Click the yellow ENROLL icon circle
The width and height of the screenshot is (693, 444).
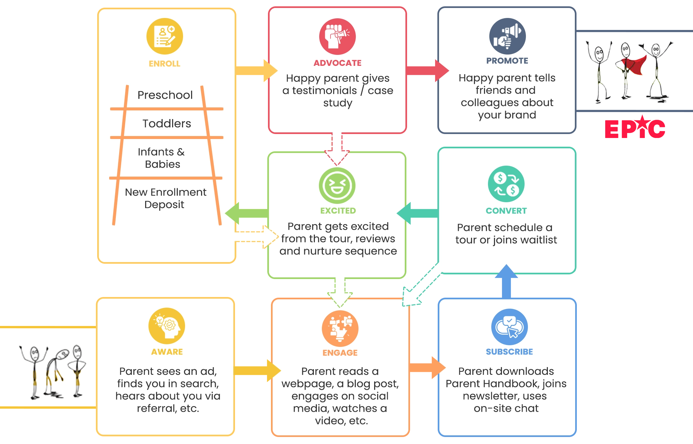(x=165, y=36)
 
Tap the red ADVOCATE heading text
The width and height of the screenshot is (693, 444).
(x=338, y=63)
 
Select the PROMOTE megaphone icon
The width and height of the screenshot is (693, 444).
(x=507, y=36)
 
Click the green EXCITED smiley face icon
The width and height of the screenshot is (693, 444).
(x=337, y=186)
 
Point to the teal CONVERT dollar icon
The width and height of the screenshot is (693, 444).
(x=506, y=184)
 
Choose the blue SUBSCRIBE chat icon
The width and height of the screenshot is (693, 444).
(x=509, y=327)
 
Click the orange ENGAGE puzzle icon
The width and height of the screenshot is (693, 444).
(x=340, y=328)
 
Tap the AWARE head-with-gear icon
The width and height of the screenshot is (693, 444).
(x=167, y=326)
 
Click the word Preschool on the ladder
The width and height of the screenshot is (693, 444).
(x=165, y=95)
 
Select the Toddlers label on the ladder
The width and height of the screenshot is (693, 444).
(x=167, y=123)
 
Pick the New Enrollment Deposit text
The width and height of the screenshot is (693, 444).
(x=165, y=198)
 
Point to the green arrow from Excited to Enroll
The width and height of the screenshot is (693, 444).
(x=246, y=213)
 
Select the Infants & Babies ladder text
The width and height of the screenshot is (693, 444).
(x=162, y=158)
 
